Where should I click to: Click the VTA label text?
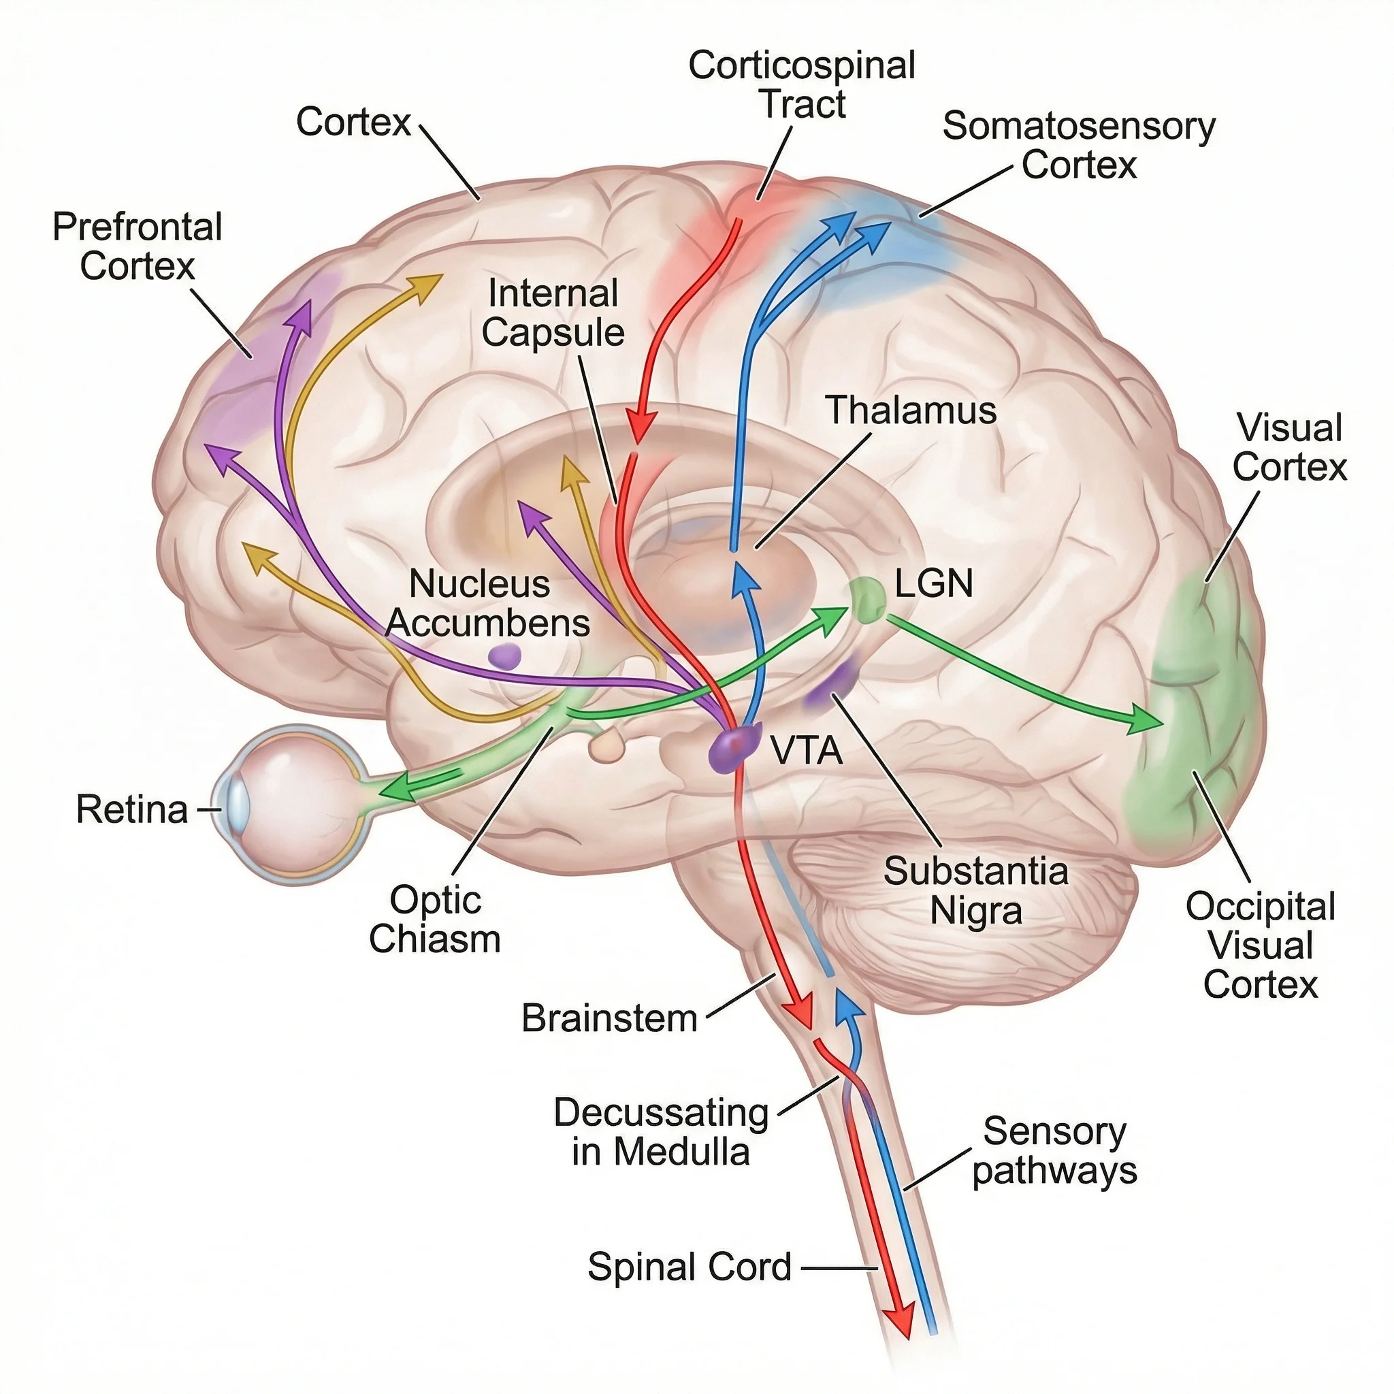coord(807,751)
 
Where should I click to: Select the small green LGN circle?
coord(866,600)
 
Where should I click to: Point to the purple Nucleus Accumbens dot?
coord(504,656)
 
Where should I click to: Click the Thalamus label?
coord(911,410)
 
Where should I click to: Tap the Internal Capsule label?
coord(553,313)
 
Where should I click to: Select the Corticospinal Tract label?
coord(802,84)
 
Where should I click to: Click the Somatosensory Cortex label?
coord(1078,145)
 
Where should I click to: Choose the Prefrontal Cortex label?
coord(137,247)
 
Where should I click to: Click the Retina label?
coord(132,809)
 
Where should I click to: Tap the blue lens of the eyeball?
coord(238,807)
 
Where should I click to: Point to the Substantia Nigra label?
coord(975,890)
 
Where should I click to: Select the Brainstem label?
coord(610,1019)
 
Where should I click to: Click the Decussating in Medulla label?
coord(660,1132)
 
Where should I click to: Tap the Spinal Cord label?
coord(690,1267)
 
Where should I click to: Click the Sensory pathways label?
coord(1054,1151)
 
